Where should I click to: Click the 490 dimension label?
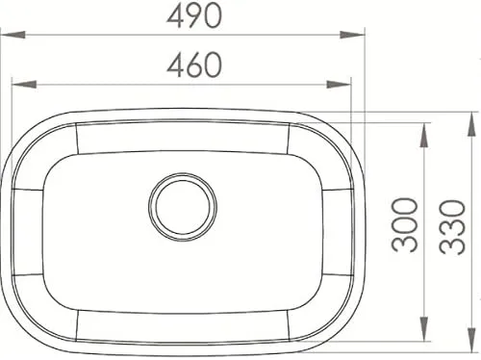coord(194,16)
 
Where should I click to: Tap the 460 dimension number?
coord(194,65)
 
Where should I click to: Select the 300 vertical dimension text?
coord(405,224)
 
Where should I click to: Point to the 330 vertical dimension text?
coord(452,227)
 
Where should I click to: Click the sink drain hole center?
coord(183,207)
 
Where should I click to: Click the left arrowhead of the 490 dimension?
coord(13,35)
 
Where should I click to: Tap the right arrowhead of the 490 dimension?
coord(352,35)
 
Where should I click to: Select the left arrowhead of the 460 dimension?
coord(24,85)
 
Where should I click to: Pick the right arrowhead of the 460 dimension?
coord(339,85)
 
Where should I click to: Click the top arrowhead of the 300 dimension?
coord(424,136)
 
